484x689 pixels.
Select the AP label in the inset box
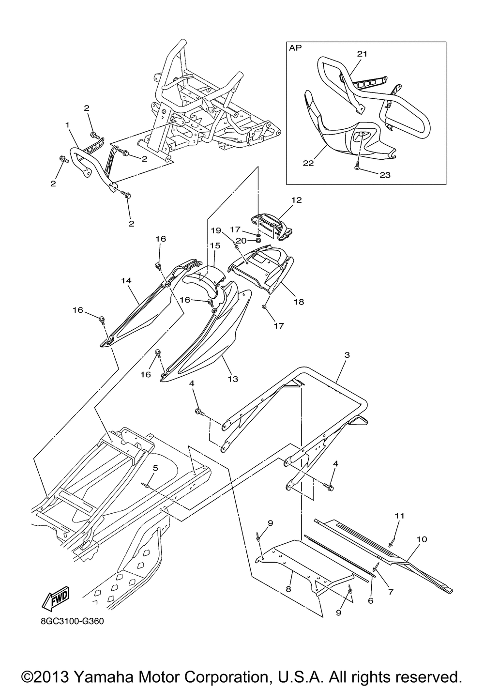pos(294,48)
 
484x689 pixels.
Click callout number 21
pos(363,54)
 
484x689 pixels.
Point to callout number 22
pos(308,163)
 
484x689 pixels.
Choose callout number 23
pos(385,175)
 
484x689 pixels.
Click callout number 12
pos(296,199)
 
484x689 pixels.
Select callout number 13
pos(233,379)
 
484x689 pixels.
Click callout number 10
pos(421,538)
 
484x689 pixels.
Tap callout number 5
pos(155,468)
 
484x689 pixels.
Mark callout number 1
pos(68,125)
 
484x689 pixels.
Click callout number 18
pos(299,302)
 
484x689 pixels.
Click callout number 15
pos(215,245)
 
